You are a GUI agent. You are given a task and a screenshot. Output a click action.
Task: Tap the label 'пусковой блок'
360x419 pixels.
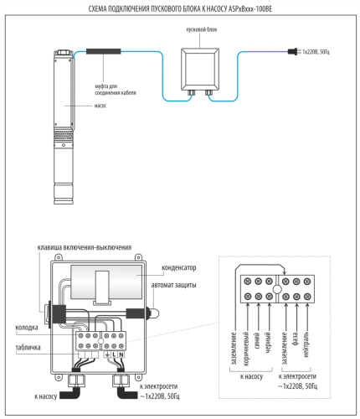(202, 29)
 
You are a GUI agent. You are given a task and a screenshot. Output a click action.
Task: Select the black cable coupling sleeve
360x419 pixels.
(103, 51)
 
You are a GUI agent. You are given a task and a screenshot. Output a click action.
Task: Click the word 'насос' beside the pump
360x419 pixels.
(100, 106)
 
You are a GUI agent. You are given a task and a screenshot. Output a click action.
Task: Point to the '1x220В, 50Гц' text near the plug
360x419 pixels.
(316, 52)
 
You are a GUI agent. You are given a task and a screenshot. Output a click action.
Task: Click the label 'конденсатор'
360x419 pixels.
(179, 267)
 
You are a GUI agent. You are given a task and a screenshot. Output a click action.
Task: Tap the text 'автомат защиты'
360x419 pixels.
(173, 285)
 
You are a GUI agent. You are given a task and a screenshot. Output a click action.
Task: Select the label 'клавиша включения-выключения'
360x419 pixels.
(85, 247)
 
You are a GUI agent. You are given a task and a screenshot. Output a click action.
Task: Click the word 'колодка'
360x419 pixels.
(27, 328)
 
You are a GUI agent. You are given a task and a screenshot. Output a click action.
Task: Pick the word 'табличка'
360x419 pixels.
(28, 348)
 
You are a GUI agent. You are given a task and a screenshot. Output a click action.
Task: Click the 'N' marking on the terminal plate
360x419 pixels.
(121, 354)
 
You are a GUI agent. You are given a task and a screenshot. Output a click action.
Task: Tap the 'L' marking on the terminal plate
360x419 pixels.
(114, 354)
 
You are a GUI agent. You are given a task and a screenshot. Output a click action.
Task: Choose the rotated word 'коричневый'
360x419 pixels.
(246, 349)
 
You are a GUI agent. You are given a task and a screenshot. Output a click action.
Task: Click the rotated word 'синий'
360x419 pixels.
(257, 340)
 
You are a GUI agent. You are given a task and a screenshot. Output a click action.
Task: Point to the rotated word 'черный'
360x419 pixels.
(268, 342)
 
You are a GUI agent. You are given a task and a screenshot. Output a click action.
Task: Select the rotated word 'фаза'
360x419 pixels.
(296, 339)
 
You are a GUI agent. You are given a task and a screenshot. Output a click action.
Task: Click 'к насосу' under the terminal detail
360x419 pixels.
(251, 376)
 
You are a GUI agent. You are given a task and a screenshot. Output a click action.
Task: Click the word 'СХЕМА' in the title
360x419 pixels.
(97, 9)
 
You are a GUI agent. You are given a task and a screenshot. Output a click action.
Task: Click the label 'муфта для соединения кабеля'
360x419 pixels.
(116, 90)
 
